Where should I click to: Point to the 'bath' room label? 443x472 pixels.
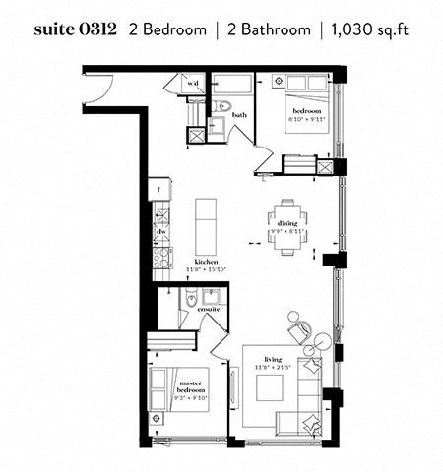[239, 116]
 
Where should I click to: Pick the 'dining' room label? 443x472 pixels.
[286, 224]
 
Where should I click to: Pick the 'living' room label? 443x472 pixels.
[274, 359]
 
